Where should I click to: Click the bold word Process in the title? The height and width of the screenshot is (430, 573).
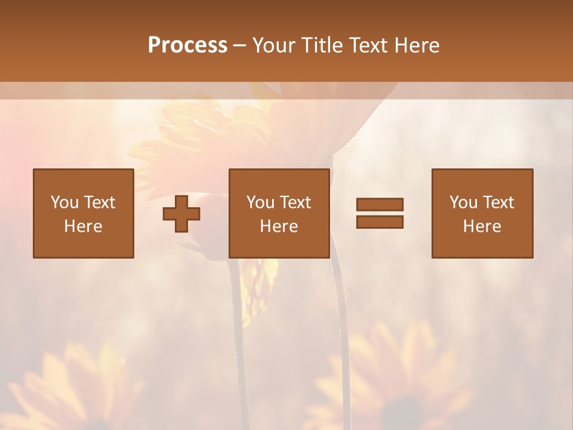187,45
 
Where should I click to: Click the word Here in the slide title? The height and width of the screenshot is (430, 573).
418,45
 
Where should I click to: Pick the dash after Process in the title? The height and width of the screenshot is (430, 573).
239,46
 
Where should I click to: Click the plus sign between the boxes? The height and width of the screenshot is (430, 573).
181,214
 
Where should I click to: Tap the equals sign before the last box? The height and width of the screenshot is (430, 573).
380,213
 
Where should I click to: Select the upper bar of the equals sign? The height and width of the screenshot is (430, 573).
380,205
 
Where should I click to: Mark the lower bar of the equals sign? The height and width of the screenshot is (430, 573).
380,222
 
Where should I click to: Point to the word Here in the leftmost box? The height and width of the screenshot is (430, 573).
83,226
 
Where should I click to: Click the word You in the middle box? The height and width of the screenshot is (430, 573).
261,202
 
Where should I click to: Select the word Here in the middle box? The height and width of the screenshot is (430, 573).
279,226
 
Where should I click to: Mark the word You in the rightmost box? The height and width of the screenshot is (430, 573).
464,202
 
